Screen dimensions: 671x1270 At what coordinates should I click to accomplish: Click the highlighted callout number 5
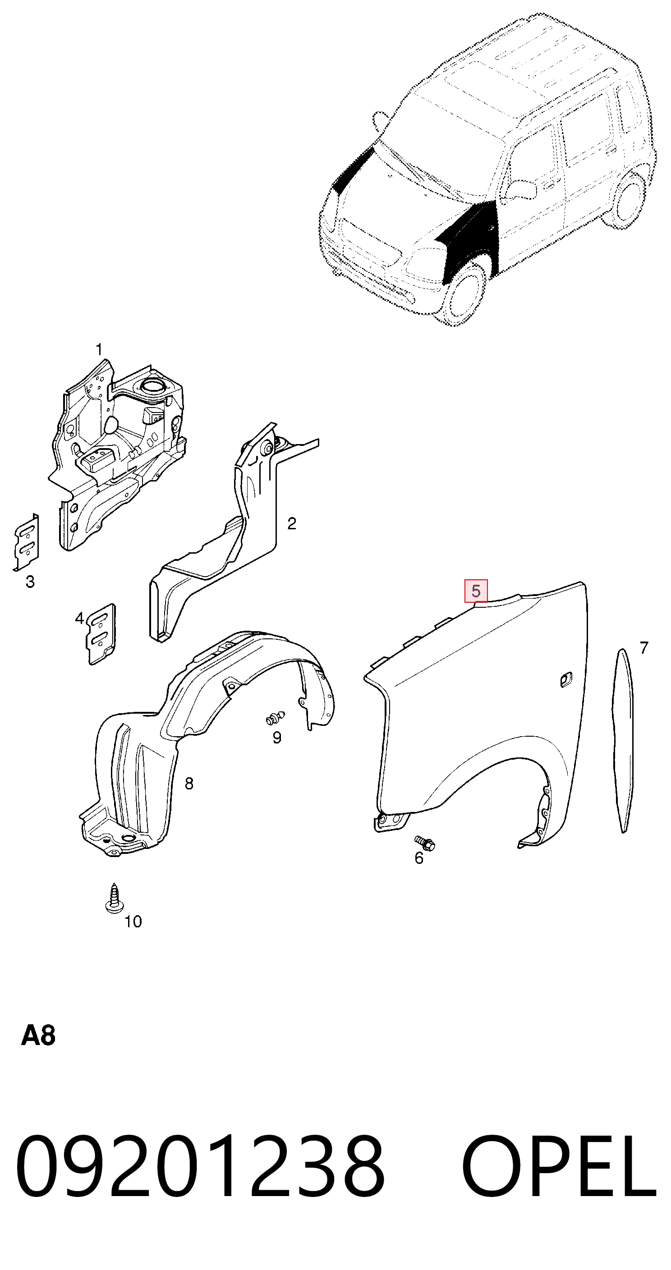[476, 591]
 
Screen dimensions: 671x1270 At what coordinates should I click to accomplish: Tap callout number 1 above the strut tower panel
[99, 349]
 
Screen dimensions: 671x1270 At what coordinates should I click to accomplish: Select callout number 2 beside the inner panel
[291, 523]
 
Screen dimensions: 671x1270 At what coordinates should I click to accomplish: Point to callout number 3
[30, 582]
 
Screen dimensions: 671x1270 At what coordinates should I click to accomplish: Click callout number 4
[79, 618]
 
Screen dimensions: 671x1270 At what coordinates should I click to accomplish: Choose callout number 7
[644, 647]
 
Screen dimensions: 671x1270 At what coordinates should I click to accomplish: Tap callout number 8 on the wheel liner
[189, 784]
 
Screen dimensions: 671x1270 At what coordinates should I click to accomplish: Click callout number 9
[277, 738]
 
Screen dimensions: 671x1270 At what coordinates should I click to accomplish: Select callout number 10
[133, 922]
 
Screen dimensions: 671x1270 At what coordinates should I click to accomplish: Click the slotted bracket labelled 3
[26, 542]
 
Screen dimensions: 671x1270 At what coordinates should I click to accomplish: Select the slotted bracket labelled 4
[101, 634]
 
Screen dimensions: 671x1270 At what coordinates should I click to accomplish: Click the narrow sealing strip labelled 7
[623, 741]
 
